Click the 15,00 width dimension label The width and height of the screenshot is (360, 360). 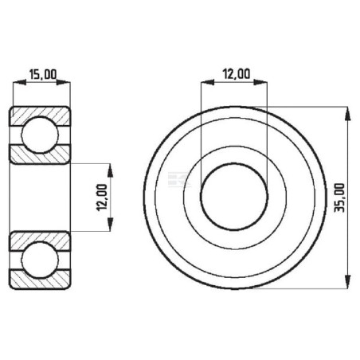coord(43,74)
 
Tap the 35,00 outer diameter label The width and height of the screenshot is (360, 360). coord(339,198)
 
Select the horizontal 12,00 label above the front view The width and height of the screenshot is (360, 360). coord(236,74)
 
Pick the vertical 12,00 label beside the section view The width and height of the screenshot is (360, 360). coord(102,198)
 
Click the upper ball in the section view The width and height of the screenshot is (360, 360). coord(40,135)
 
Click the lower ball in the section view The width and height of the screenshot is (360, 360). coord(40,260)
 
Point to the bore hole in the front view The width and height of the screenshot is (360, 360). coord(234,197)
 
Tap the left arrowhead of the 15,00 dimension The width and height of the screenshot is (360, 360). coord(20,82)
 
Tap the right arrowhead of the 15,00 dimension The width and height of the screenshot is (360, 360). coord(64,82)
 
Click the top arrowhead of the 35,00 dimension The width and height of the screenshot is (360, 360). coord(347,114)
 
